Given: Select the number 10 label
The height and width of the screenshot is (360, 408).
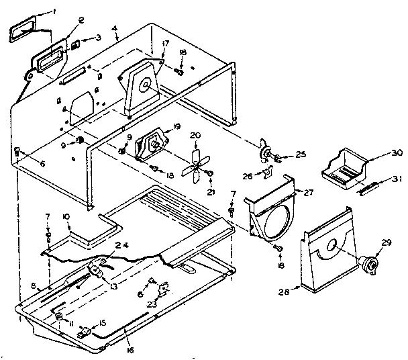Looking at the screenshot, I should tap(67, 216).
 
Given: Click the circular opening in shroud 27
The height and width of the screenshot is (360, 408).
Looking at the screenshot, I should tap(275, 219).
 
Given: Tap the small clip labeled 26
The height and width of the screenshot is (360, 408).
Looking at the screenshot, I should tap(268, 175).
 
